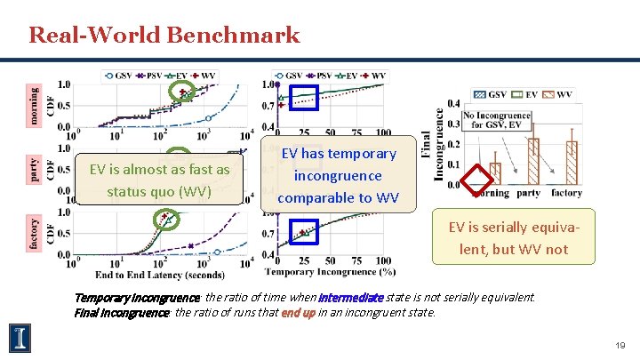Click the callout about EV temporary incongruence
pos(338,175)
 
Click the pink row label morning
pos(34,105)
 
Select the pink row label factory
pos(34,234)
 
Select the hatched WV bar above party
pos(533,161)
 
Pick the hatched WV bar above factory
pos(572,163)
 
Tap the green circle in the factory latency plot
pos(164,219)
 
